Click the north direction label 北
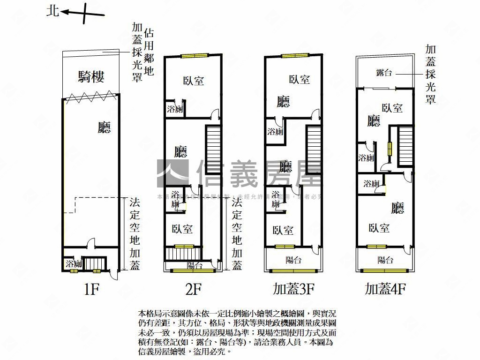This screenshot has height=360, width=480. [x=52, y=11]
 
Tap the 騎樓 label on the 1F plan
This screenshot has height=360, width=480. [x=91, y=77]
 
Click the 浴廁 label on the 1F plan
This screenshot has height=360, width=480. [x=74, y=263]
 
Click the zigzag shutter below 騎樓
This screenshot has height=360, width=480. [x=91, y=97]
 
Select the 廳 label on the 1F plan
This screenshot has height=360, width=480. [x=104, y=127]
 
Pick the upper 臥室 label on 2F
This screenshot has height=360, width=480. [x=193, y=81]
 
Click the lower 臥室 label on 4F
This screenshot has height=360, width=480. [x=379, y=228]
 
